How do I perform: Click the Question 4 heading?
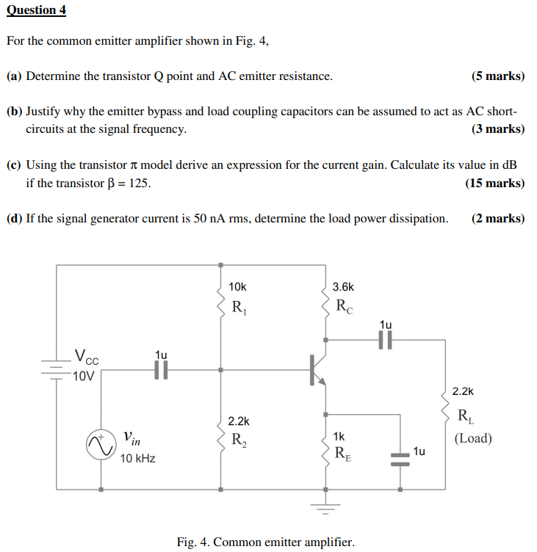tap(36, 10)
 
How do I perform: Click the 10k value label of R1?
tap(238, 287)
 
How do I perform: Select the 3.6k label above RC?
tap(343, 287)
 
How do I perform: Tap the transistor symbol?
tap(317, 369)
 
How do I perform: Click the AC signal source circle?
tap(98, 446)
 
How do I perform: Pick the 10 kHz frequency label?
tap(137, 459)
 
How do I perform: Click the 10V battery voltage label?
tap(83, 377)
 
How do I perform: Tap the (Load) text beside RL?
tap(473, 439)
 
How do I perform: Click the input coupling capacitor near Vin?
tap(162, 370)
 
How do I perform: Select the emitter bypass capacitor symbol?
tap(400, 458)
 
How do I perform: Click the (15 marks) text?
tap(495, 183)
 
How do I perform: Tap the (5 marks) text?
tap(498, 76)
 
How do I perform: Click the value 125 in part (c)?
tap(140, 183)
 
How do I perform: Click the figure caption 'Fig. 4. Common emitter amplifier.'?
tap(265, 542)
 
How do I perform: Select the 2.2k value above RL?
tap(464, 393)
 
